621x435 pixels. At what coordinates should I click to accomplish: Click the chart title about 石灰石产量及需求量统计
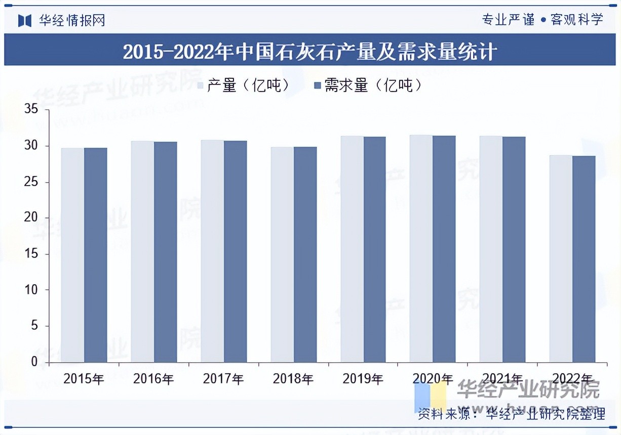pos(310,52)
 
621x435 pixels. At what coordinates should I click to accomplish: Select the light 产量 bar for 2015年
pos(72,255)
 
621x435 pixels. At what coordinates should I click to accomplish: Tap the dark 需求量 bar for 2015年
pos(96,255)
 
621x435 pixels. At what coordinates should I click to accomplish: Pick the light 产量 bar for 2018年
pos(282,255)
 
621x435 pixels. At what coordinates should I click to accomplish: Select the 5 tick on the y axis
pos(34,326)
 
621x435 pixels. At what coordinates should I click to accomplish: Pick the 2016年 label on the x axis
pos(153,378)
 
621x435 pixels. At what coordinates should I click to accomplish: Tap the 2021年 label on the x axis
pos(502,378)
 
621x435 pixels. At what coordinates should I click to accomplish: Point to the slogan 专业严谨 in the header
pos(508,20)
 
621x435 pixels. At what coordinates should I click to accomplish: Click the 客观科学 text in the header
pos(577,20)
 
